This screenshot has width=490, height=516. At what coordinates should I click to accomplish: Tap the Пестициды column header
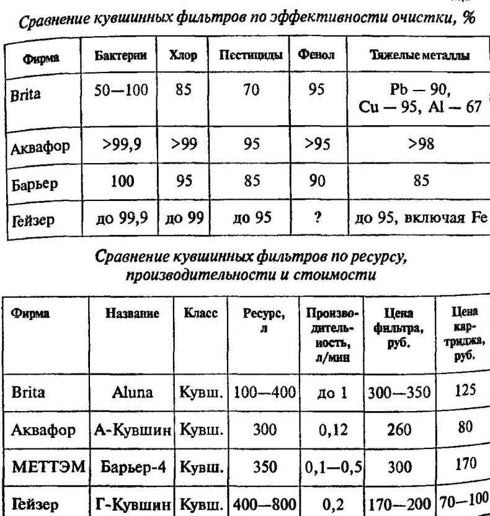coord(251,56)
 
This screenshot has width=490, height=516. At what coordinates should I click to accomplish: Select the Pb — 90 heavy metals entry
coord(420,92)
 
